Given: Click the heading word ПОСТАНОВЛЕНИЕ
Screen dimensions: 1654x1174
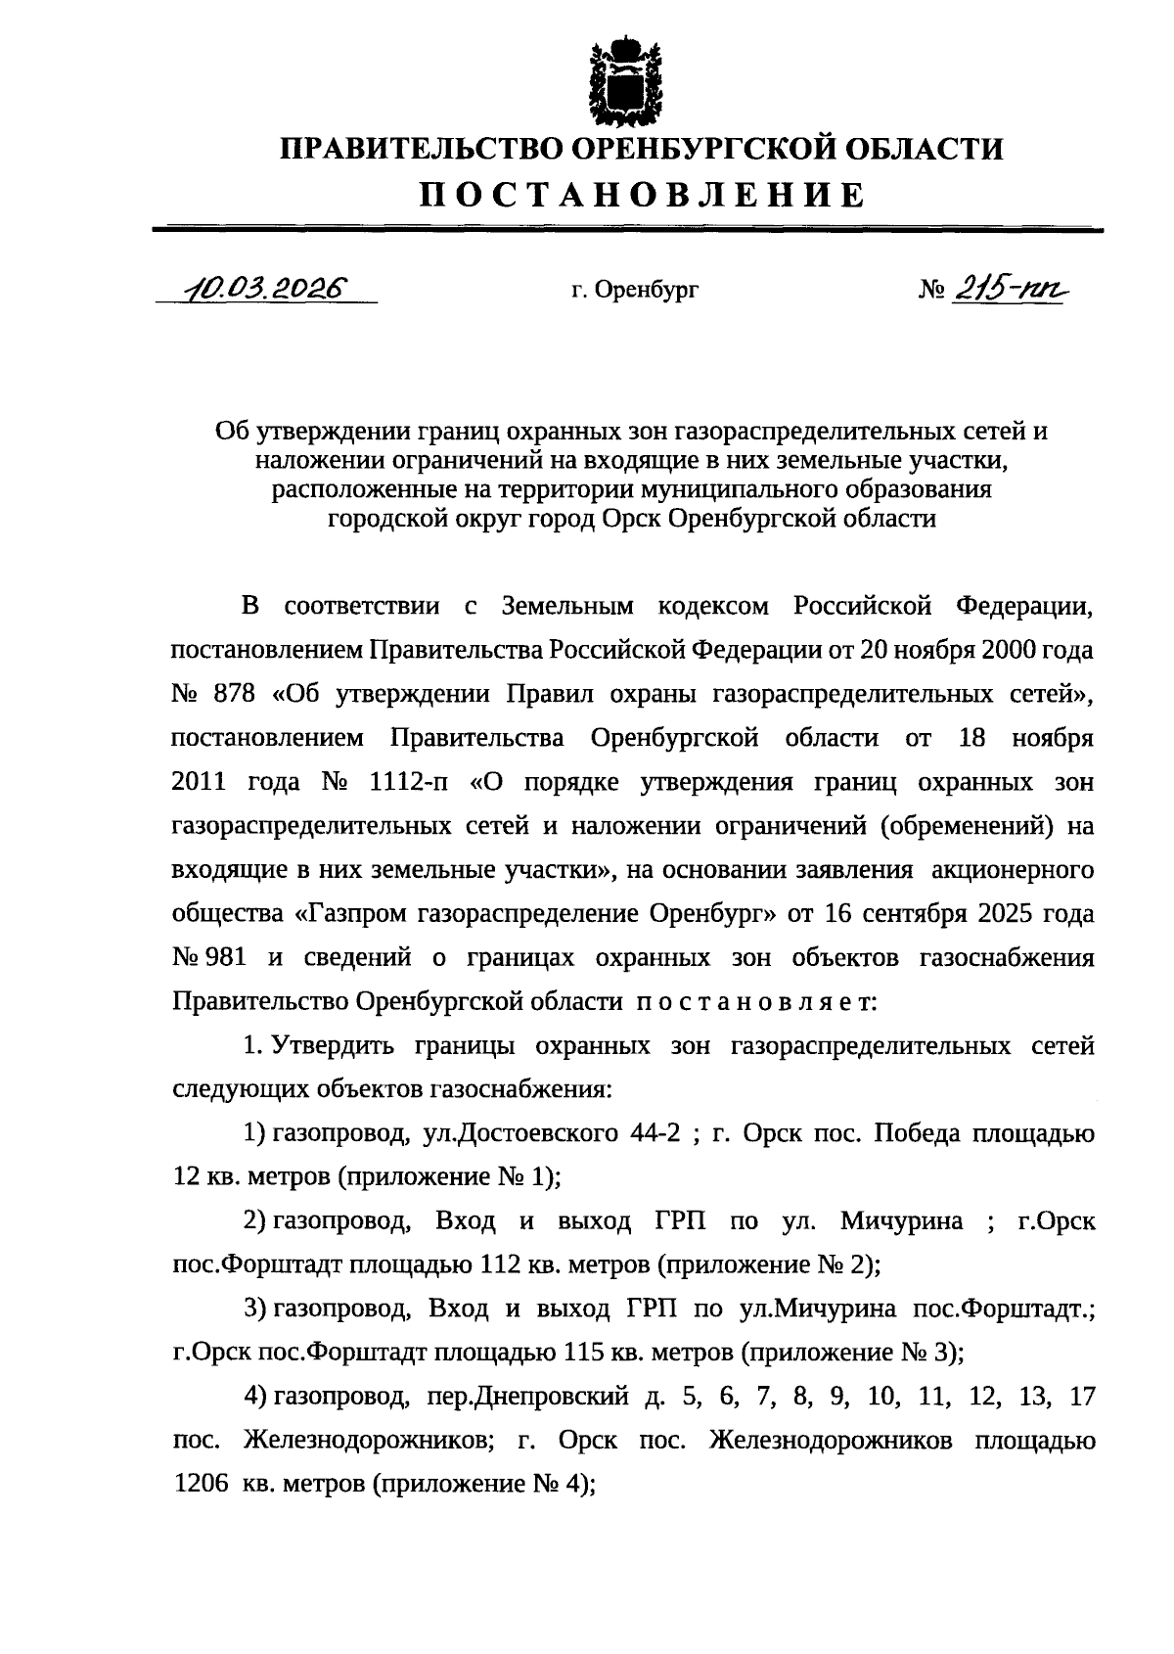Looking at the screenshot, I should point(643,195).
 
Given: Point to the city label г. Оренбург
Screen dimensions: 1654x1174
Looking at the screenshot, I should point(636,291).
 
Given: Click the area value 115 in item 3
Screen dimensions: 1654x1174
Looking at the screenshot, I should point(584,1354).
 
